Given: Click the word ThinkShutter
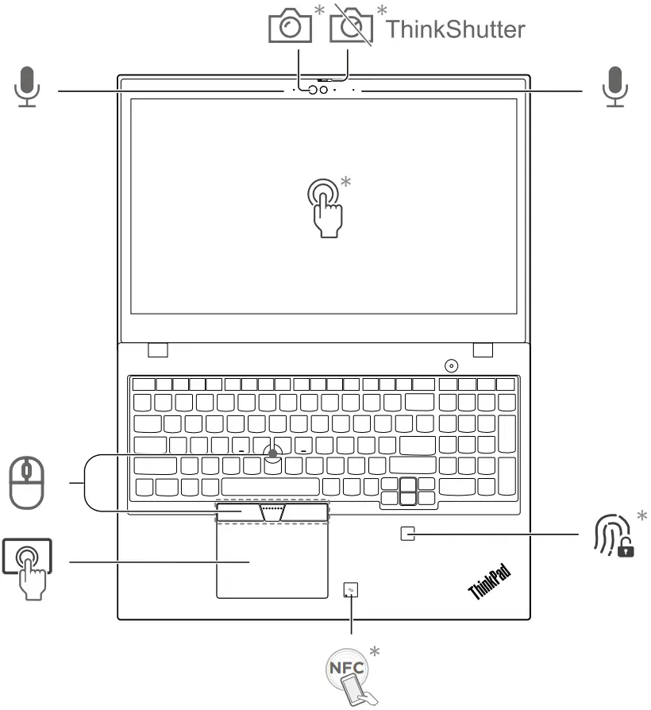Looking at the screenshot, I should [455, 29].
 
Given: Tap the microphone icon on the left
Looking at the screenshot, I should [28, 87].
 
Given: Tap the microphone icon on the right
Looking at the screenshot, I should [614, 87].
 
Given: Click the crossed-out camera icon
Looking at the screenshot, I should [350, 27].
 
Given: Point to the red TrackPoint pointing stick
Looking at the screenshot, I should [273, 453].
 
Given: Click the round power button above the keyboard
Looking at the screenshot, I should [453, 365].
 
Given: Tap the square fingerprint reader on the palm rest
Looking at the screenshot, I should [407, 534].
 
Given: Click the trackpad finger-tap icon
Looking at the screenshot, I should [29, 565].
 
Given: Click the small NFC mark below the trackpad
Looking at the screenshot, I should [350, 589].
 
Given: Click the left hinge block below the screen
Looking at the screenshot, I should [158, 349].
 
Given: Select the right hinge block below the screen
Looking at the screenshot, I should [483, 349].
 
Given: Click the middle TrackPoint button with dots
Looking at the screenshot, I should [272, 511].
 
